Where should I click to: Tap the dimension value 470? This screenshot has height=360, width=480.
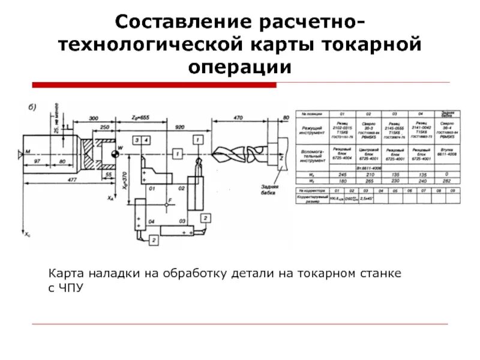(x=238, y=118)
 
